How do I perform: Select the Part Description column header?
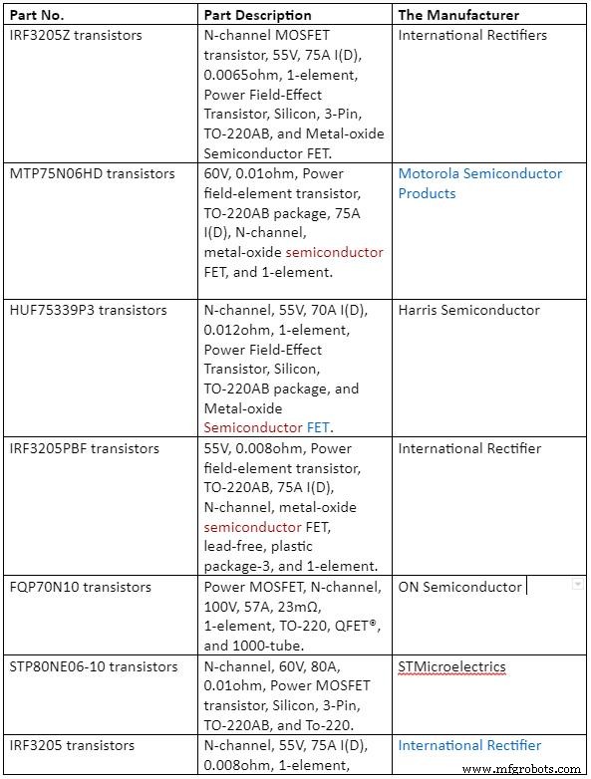point(258,15)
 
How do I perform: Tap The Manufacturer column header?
point(458,15)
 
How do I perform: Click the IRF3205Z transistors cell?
point(76,36)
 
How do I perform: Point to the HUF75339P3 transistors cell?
point(88,310)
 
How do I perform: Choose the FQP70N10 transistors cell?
point(81,587)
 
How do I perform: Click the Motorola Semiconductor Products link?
point(479,183)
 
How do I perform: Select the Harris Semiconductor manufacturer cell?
point(468,310)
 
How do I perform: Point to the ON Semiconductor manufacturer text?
point(459,587)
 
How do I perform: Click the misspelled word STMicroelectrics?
point(451,666)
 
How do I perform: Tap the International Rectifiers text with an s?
point(473,36)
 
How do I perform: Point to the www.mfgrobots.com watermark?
point(521,768)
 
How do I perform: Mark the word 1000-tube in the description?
point(267,646)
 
